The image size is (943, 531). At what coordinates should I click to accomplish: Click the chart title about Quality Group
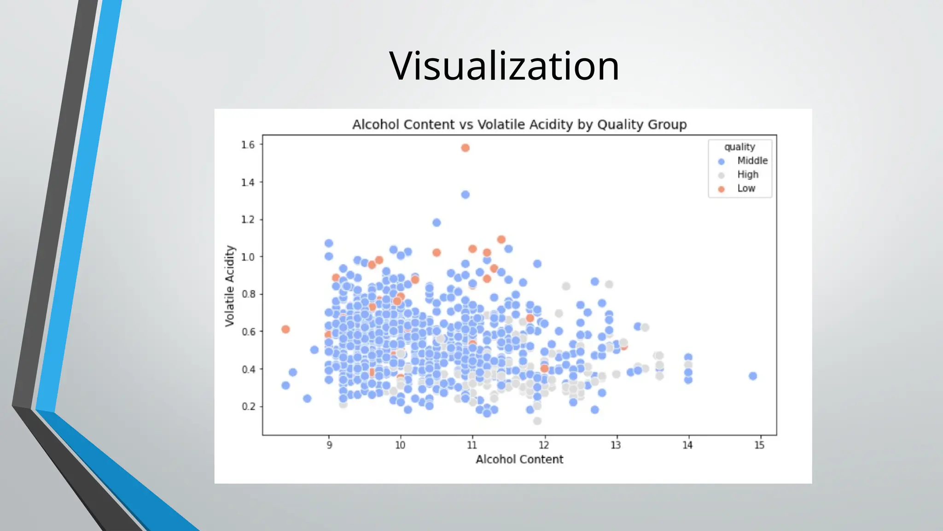pos(519,124)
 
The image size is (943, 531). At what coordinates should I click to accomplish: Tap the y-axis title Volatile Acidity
pos(230,286)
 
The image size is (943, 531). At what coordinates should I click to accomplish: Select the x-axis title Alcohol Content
pos(519,459)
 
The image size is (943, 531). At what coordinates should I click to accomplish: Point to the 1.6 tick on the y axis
pos(248,145)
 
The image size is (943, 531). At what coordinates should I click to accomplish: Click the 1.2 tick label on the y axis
pos(248,219)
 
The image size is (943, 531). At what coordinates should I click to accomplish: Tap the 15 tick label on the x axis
pos(759,445)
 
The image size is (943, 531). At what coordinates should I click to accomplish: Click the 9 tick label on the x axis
pos(329,445)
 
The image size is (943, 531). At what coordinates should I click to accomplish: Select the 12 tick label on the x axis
pos(544,445)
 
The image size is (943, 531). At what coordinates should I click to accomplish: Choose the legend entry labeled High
pos(747,174)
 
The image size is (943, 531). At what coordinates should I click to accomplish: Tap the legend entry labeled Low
pos(746,188)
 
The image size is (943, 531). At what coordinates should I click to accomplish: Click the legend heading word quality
pos(739,147)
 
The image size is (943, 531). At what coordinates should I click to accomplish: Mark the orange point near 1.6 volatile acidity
pos(465,148)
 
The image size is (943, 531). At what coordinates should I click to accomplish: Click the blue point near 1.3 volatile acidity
pos(465,195)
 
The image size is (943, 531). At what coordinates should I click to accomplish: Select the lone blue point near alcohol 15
pos(753,376)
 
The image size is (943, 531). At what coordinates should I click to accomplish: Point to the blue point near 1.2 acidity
pos(437,223)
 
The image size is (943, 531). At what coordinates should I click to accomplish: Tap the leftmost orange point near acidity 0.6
pos(285,329)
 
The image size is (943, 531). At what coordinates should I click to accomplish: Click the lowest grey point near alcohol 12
pos(537,421)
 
